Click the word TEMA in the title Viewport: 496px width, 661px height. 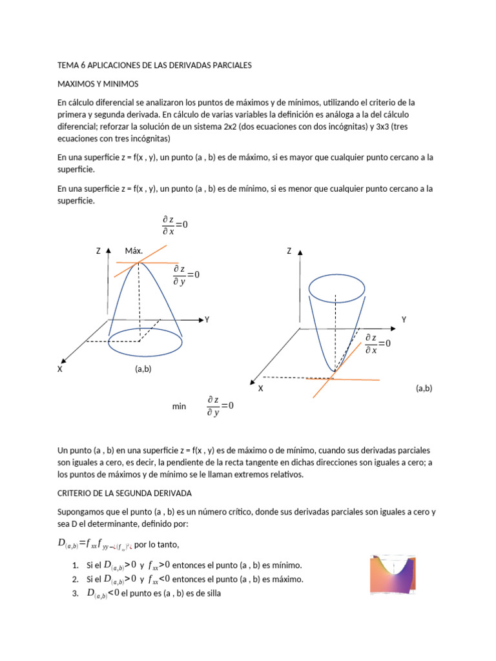[68, 65]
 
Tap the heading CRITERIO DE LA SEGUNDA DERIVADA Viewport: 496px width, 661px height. [125, 493]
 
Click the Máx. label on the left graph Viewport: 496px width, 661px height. [134, 250]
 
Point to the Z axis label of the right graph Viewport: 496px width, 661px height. [289, 250]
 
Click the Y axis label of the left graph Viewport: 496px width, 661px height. [207, 320]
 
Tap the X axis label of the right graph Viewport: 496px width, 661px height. [261, 389]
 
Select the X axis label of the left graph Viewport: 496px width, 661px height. [60, 369]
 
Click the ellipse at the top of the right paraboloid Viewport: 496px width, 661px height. [336, 287]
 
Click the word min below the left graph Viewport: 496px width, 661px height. [179, 406]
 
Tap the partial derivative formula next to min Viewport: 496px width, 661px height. [220, 406]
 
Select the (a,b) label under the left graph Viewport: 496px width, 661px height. [143, 369]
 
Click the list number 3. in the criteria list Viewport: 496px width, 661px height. [76, 593]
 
